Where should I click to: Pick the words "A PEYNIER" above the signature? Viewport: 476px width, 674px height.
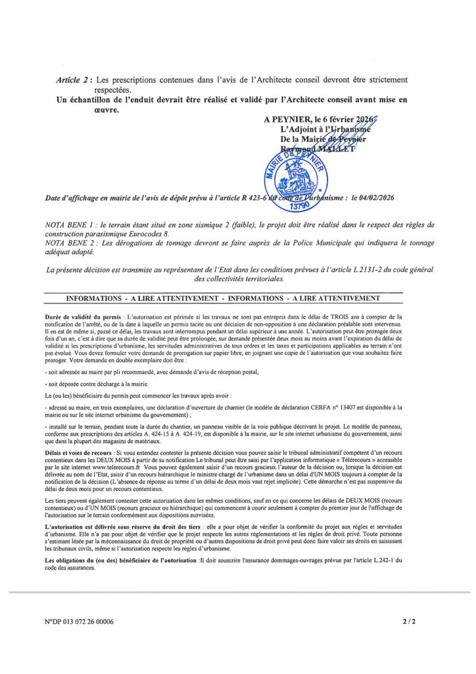pyautogui.click(x=283, y=120)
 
